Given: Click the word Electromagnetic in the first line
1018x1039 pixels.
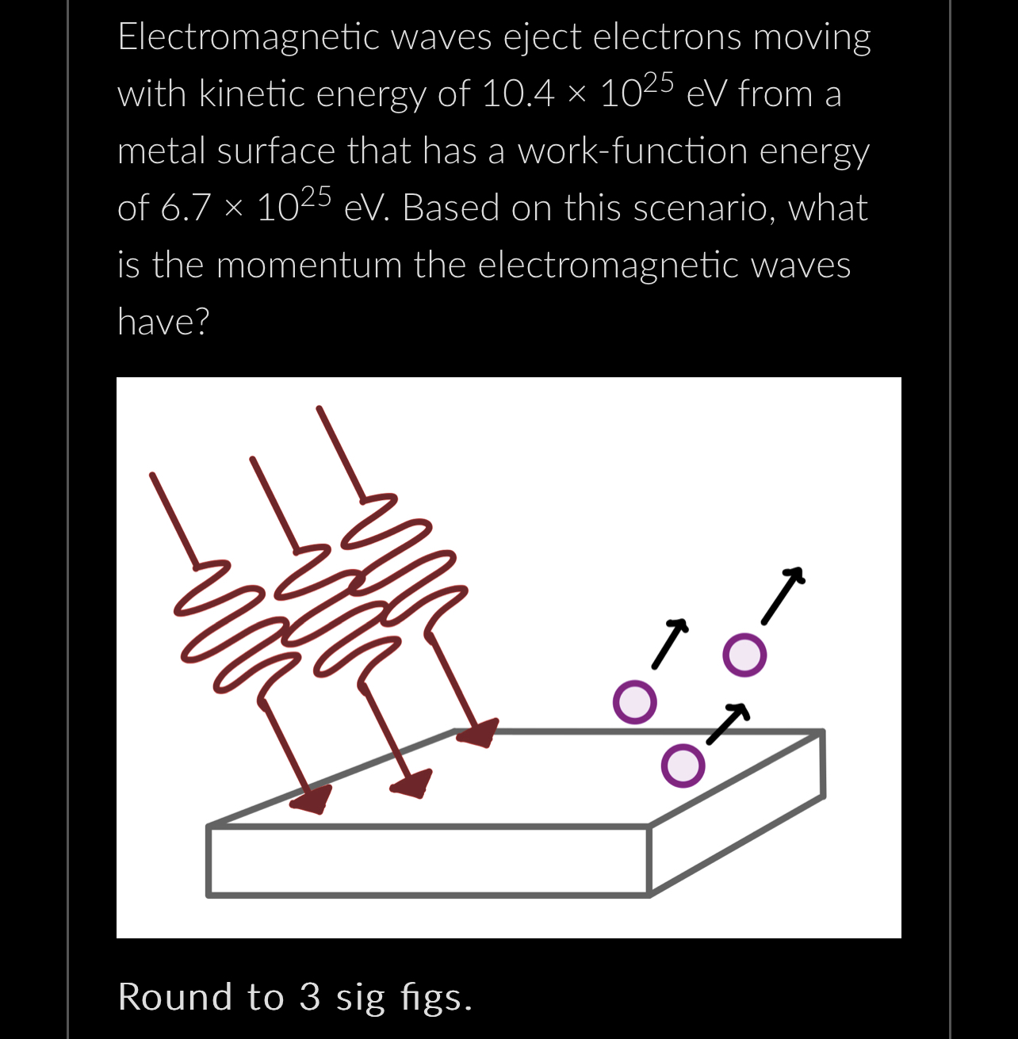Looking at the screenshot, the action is (x=248, y=37).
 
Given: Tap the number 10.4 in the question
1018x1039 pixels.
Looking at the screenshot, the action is (x=518, y=94).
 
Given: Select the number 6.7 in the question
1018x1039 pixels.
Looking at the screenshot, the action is (x=186, y=208).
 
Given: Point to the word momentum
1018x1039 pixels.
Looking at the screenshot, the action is (x=309, y=265).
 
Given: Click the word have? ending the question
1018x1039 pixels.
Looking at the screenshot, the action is (x=163, y=322).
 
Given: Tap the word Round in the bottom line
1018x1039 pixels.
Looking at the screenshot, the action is (x=175, y=997).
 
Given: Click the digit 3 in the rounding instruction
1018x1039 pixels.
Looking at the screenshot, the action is (x=310, y=997).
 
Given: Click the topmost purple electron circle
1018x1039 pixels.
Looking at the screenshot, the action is (x=745, y=655).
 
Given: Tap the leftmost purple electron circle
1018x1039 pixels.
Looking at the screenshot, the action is (x=635, y=702).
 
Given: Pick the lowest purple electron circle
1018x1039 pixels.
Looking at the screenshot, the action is (x=683, y=766).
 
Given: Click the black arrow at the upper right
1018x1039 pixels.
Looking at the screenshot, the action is (x=783, y=595).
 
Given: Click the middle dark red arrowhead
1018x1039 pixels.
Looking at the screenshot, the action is (x=412, y=783).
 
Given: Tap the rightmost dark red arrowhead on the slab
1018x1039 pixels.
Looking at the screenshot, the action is (x=478, y=732).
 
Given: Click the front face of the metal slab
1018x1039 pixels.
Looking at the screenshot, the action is (x=428, y=861).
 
